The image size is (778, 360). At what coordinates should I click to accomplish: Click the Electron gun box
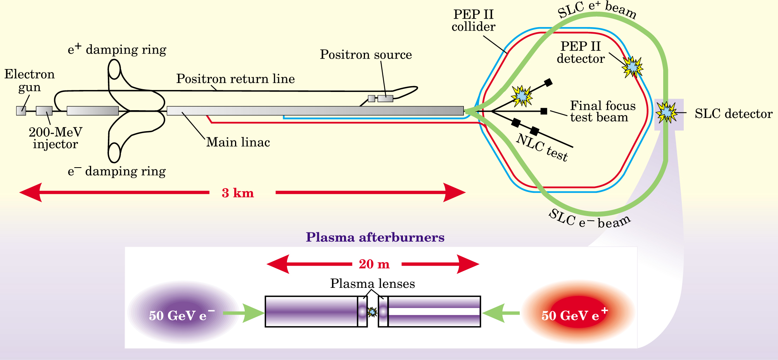[x=21, y=111]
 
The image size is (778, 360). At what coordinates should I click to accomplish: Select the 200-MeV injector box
[x=44, y=111]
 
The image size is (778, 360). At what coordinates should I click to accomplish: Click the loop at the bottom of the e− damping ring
[x=114, y=153]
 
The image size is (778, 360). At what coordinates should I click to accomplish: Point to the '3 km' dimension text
[x=238, y=193]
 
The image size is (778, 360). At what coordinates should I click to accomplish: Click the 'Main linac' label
[x=238, y=142]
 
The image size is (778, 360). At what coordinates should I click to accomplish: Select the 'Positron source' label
[x=365, y=55]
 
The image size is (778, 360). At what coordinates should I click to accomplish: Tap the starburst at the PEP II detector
[x=633, y=67]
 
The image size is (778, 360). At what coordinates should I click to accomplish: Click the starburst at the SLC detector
[x=666, y=112]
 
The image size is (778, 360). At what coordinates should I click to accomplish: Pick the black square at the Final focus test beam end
[x=544, y=111]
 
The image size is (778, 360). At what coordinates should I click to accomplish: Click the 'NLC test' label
[x=542, y=148]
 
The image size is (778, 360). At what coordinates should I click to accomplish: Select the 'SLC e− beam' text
[x=590, y=220]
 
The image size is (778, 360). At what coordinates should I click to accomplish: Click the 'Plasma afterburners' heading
[x=375, y=237]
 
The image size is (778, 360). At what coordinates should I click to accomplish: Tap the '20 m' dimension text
[x=374, y=264]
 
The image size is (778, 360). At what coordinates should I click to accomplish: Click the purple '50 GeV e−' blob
[x=182, y=313]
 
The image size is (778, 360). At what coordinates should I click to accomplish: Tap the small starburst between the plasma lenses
[x=372, y=312]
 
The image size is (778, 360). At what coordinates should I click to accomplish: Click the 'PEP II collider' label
[x=473, y=21]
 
